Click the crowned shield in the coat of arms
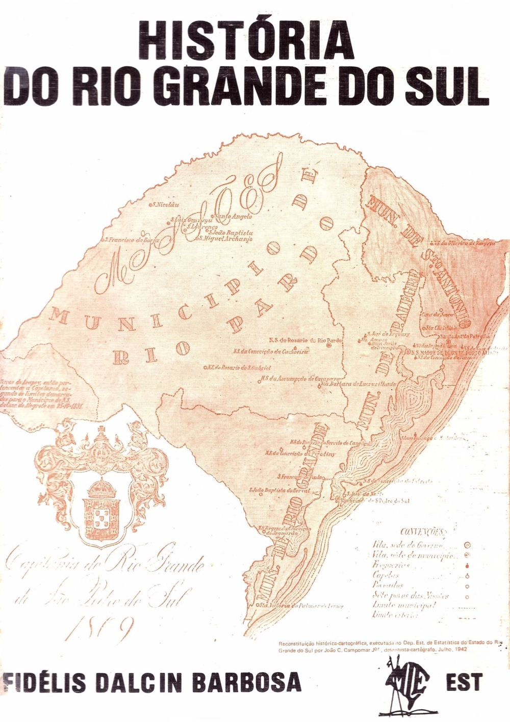click(x=102, y=510)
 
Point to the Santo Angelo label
click(x=234, y=217)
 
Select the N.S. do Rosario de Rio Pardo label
click(x=299, y=340)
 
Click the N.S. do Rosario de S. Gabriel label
click(x=238, y=367)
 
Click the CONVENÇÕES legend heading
click(x=423, y=532)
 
